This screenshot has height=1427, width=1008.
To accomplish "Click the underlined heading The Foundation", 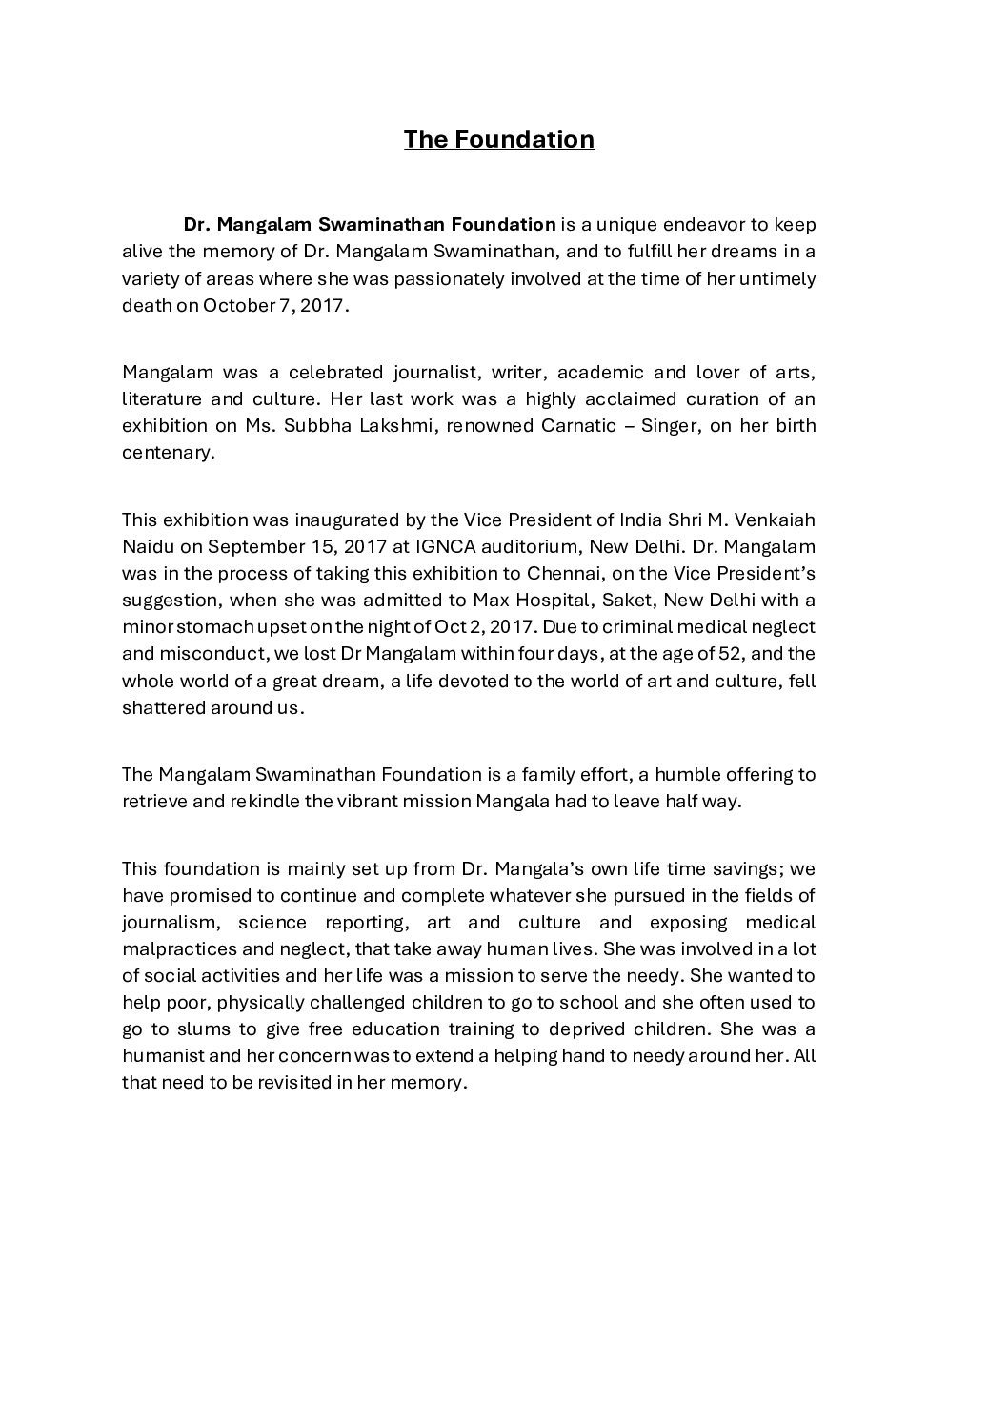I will (498, 139).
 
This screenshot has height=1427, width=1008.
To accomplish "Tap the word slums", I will (185, 1029).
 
